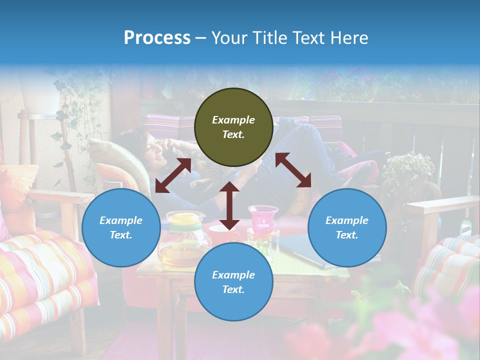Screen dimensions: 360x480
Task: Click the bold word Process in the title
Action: coord(157,38)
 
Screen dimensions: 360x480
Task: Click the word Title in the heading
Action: coord(269,38)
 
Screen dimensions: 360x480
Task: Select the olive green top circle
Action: coord(233,127)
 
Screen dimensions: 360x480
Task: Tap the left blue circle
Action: coord(121,228)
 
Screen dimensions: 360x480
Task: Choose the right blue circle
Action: coord(347,228)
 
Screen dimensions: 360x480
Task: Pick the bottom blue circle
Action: coord(233,282)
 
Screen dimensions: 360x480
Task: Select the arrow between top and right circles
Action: coord(293,170)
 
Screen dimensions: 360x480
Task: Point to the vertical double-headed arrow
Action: coord(229,205)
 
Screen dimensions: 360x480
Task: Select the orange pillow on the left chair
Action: coord(17,190)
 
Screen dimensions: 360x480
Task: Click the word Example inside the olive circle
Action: coord(233,120)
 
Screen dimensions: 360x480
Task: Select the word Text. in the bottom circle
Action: coord(233,289)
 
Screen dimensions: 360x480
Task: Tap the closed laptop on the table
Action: coord(300,250)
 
